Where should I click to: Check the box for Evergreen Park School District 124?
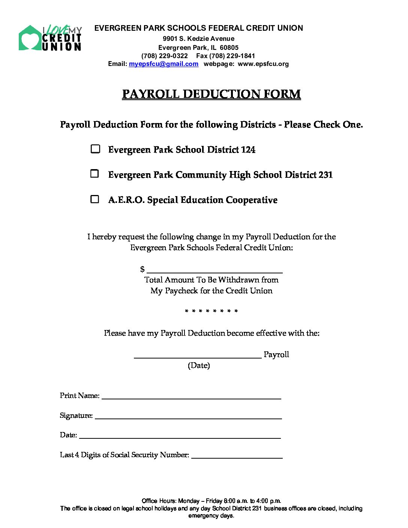(95, 149)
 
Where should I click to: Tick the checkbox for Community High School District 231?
(95, 174)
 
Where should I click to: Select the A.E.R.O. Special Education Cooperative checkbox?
(95, 199)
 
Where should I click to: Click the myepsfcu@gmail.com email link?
(163, 64)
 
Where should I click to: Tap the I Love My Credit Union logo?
(50, 38)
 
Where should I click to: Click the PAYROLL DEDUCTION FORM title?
(211, 94)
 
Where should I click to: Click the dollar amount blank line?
(214, 270)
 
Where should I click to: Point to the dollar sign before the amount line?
(142, 269)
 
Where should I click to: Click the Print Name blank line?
(191, 396)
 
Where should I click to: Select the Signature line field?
(188, 416)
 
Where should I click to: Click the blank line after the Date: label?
(180, 435)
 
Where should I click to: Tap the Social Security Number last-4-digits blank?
(237, 455)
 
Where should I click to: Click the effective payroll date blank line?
(198, 355)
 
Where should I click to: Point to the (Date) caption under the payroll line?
(199, 365)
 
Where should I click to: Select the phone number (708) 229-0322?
(165, 56)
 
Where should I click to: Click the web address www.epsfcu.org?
(263, 64)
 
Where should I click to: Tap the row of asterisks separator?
(211, 311)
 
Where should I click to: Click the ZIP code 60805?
(229, 48)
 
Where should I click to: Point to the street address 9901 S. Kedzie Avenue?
(198, 39)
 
